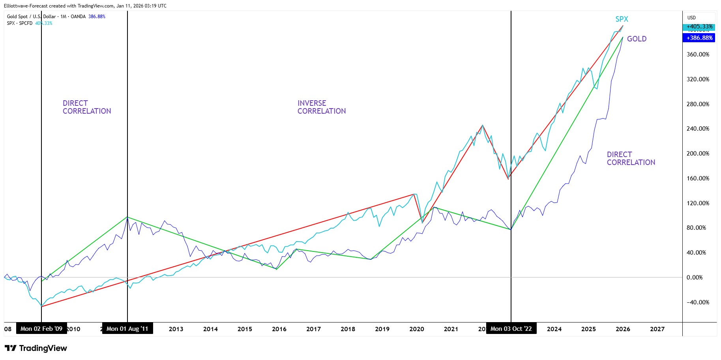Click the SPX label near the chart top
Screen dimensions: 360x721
[x=622, y=19]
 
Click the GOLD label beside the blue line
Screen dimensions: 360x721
[x=637, y=39]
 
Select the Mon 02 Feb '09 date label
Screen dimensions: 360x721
[x=41, y=328]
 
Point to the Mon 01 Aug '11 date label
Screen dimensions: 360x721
[x=127, y=328]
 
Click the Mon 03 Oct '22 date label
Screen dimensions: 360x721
[x=511, y=328]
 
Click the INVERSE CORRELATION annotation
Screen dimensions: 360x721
[x=321, y=107]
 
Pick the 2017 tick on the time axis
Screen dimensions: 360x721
[x=313, y=329]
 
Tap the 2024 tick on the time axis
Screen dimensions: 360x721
[x=554, y=329]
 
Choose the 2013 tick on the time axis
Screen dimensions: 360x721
[x=176, y=329]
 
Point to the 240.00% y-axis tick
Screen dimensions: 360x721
[x=698, y=129]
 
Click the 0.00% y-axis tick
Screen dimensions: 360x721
[x=695, y=277]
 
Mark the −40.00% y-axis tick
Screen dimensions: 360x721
[x=698, y=302]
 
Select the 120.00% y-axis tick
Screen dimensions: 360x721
[x=698, y=203]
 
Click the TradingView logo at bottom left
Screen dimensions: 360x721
[x=36, y=348]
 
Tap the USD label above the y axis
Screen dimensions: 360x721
[x=691, y=18]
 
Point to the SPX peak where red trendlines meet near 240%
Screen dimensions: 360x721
[x=482, y=126]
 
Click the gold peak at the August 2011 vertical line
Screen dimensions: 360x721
[x=127, y=217]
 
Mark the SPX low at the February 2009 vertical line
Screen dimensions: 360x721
[x=41, y=306]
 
